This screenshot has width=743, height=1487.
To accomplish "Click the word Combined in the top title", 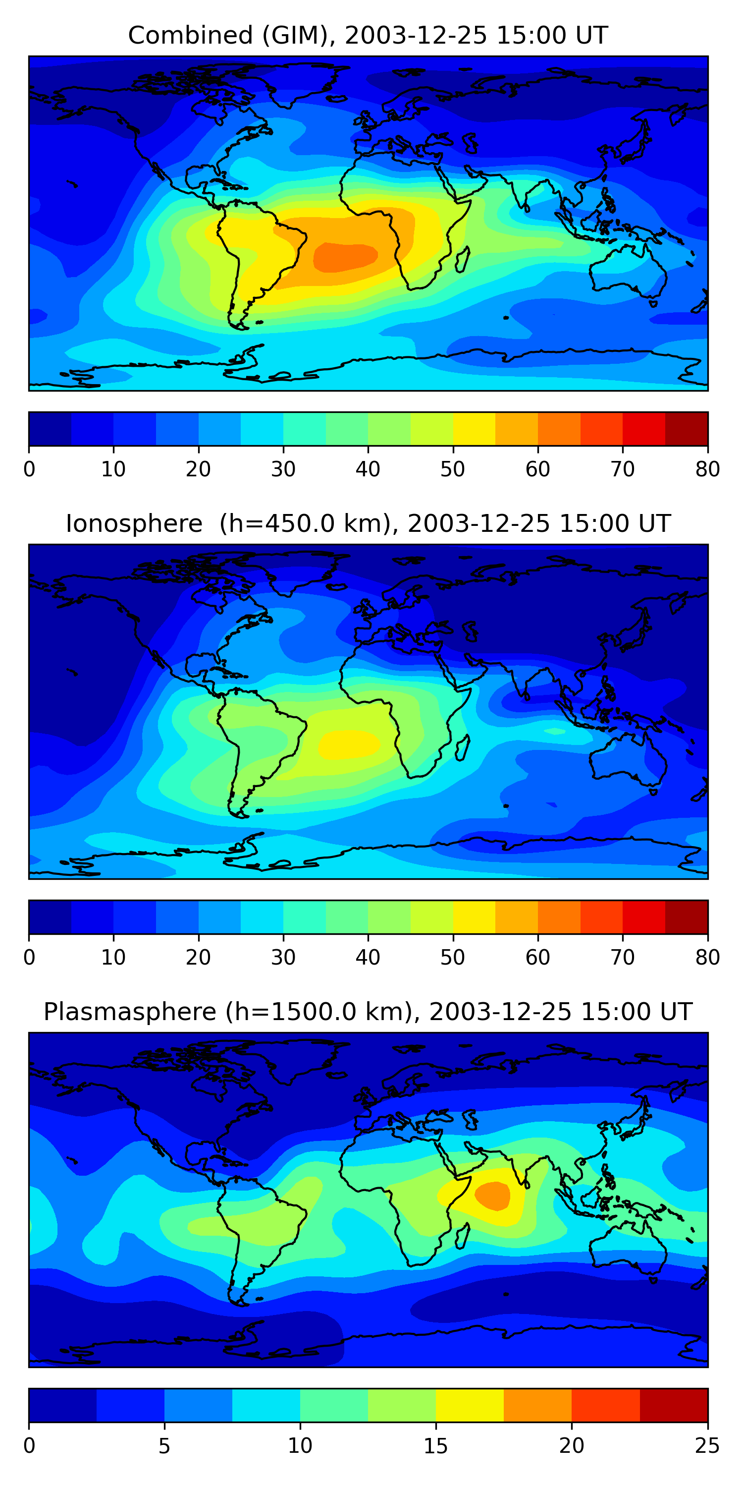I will [190, 36].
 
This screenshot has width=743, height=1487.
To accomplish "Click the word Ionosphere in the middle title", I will [134, 524].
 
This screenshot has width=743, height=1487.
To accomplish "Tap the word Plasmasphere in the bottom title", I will [129, 1012].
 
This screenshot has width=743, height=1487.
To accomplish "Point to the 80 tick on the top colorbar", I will [707, 469].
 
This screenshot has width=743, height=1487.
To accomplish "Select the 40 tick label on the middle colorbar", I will [368, 957].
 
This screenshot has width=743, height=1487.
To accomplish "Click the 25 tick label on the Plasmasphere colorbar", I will [707, 1445].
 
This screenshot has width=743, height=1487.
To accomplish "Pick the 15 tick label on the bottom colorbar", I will [435, 1445].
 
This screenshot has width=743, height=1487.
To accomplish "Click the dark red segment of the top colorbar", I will [687, 429].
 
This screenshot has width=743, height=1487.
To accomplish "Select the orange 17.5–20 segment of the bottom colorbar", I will [537, 1405].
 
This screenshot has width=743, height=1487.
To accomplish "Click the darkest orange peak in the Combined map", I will [345, 256].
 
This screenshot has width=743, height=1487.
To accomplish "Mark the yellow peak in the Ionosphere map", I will [348, 743].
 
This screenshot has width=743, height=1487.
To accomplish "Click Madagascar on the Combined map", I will [463, 260].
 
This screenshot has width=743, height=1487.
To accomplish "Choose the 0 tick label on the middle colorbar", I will [29, 957].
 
